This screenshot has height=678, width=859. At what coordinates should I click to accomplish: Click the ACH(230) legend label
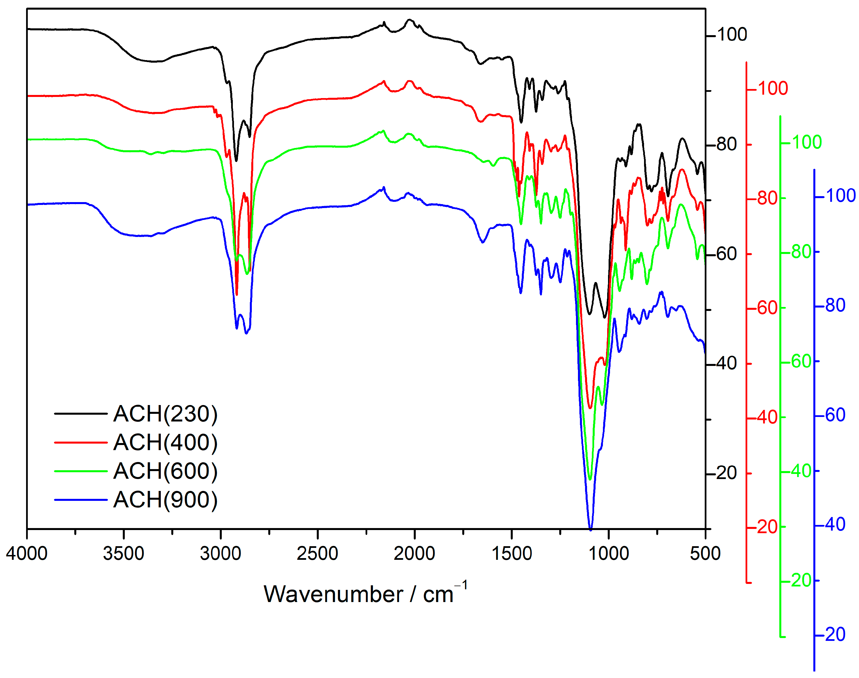(x=165, y=414)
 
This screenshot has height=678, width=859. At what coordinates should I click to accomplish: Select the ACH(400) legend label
(x=165, y=443)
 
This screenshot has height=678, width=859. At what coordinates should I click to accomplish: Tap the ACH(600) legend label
(x=165, y=471)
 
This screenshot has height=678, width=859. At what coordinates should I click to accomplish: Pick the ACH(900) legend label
(x=165, y=500)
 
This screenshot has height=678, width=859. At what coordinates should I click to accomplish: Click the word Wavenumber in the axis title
(x=333, y=595)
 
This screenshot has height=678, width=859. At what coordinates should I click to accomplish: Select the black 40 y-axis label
(x=727, y=364)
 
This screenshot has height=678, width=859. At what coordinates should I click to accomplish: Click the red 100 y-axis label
(x=773, y=88)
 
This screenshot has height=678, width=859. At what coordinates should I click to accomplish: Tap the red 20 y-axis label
(x=768, y=527)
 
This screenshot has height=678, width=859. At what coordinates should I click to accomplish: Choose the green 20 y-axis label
(x=801, y=581)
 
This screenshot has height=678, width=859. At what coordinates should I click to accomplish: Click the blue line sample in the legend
(x=81, y=500)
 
